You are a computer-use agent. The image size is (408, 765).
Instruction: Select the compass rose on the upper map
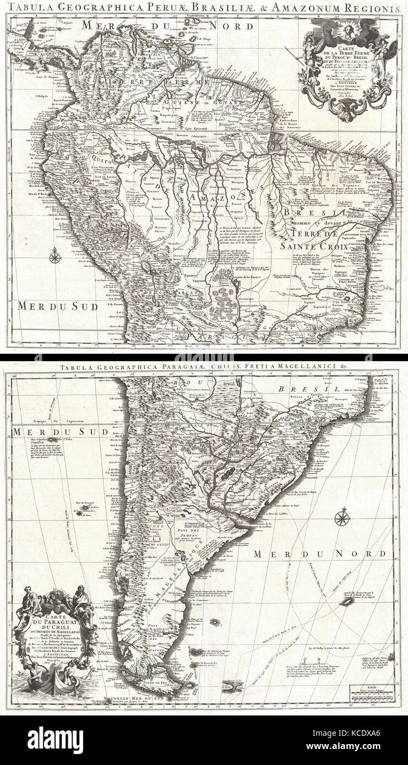[55, 255]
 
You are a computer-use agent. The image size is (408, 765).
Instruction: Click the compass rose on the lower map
[341, 517]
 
